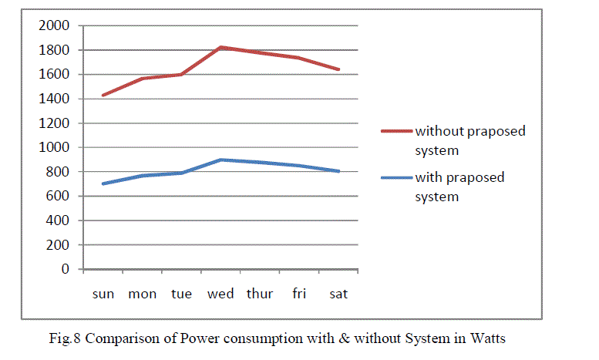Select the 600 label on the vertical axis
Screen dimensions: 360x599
coord(59,196)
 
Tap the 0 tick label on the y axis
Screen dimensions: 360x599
coord(66,269)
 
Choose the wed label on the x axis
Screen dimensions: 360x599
coord(221,294)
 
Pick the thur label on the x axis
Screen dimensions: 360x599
coord(260,294)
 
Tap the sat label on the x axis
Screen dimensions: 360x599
coord(338,294)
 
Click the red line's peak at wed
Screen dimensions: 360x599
coord(221,48)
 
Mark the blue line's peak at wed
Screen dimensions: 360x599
coord(221,160)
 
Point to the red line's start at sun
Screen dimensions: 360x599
coord(103,96)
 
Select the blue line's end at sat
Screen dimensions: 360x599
coord(338,171)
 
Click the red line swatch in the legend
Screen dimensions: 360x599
coord(396,131)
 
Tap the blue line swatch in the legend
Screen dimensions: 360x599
coord(396,178)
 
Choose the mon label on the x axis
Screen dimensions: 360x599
coord(142,294)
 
